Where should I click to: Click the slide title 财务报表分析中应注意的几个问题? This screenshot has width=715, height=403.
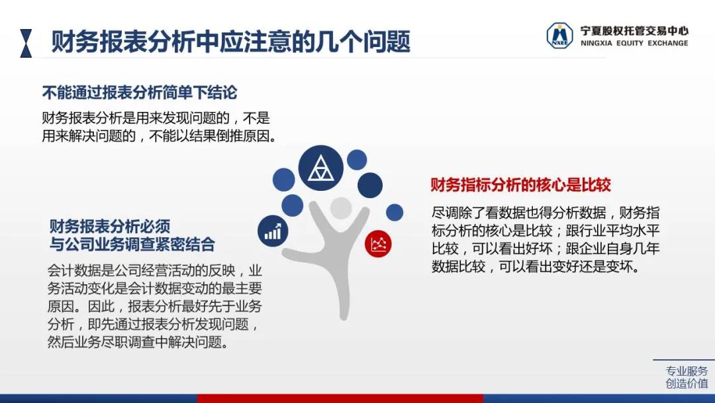point(231,42)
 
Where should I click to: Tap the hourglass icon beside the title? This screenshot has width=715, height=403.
point(26,43)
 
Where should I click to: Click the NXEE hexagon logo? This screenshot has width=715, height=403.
point(559,36)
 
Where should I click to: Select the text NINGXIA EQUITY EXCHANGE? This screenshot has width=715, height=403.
point(634,43)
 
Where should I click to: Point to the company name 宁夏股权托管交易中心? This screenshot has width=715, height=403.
point(634,30)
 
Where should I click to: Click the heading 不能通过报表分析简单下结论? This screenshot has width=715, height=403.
point(140,93)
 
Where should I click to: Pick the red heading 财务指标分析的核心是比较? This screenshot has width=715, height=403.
point(521,185)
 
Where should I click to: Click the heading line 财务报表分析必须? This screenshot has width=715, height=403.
point(110,226)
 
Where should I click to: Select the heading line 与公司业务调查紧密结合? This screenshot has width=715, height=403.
point(132,244)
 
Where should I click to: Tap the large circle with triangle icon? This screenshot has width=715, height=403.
point(320,168)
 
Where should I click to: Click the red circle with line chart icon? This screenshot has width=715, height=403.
point(378,244)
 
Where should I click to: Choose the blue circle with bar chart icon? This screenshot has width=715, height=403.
point(273,231)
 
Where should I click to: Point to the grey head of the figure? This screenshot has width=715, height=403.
point(341,208)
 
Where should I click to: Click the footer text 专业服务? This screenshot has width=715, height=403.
point(687,371)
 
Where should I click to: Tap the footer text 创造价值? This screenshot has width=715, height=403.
point(687,383)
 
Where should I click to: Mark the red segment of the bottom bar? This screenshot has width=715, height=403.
point(340,398)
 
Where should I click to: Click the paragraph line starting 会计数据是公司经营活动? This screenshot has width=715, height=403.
point(154,270)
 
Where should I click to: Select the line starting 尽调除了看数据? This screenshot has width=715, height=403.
point(546,213)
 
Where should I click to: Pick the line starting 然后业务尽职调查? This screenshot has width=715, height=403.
point(138,342)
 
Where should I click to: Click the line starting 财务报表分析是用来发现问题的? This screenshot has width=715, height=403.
point(156,118)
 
